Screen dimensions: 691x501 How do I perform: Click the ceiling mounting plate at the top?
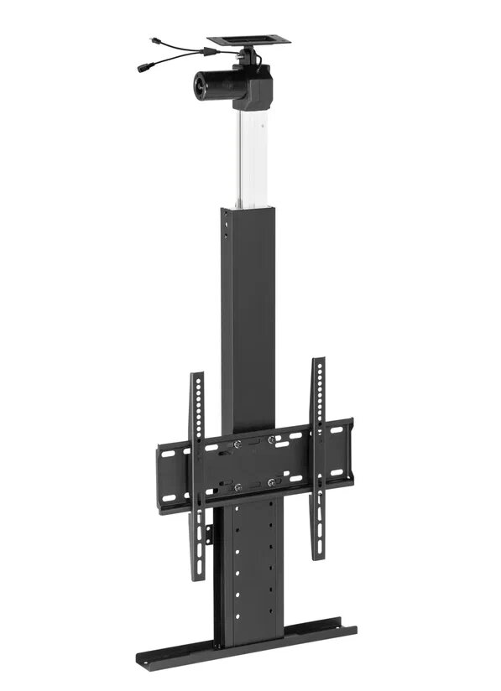248,39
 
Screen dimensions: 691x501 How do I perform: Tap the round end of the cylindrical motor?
202,85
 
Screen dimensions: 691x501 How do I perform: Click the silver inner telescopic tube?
248,158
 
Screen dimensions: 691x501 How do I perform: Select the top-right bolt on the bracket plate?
271,439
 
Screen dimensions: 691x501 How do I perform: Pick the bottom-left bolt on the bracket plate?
237,486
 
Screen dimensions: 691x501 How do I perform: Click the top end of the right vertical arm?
319,363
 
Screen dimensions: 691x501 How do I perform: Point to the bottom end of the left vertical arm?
199,574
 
